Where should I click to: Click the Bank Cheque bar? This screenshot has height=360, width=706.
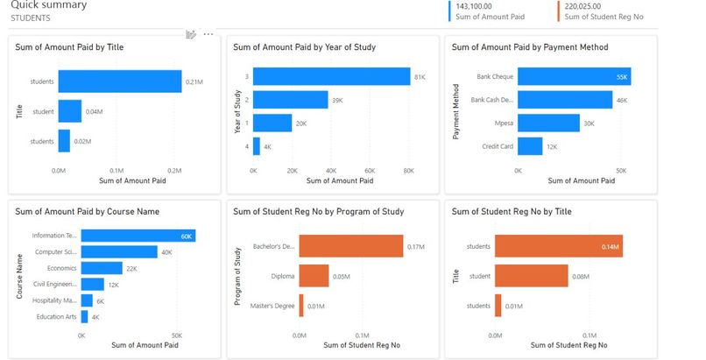(574, 77)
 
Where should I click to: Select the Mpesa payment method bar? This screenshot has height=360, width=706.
(548, 123)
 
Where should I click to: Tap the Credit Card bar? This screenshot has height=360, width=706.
(530, 145)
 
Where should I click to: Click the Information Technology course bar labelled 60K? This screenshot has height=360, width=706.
(138, 236)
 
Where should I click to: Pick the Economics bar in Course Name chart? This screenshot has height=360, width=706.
(102, 268)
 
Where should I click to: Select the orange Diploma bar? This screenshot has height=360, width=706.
(314, 276)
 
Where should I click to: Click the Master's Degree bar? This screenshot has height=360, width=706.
(301, 305)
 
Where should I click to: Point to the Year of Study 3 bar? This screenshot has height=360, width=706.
(331, 77)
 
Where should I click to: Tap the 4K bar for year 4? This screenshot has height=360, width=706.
(257, 145)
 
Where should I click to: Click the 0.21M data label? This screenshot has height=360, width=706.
(194, 83)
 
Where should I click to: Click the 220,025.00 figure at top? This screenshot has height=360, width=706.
(583, 5)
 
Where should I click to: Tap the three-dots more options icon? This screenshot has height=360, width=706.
(208, 34)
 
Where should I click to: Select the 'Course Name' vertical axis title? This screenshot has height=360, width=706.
(19, 276)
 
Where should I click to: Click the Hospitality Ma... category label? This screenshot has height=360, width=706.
(55, 300)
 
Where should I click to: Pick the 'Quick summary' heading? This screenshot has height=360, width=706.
(49, 4)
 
